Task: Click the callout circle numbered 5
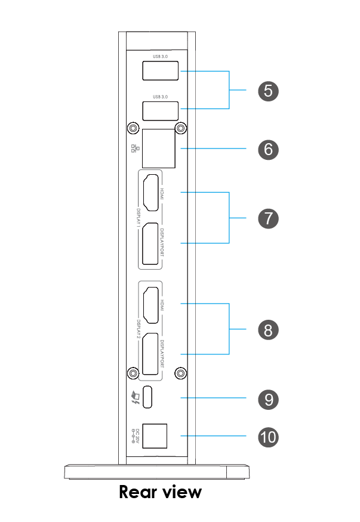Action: click(268, 91)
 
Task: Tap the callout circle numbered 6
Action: click(268, 148)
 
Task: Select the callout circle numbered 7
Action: click(268, 218)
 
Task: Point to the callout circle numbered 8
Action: click(268, 329)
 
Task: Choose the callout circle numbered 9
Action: click(268, 398)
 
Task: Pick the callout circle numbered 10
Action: click(268, 437)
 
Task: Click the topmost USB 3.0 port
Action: click(160, 71)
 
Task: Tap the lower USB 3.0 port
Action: click(160, 111)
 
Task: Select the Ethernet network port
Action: click(158, 148)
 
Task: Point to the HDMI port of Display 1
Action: click(150, 193)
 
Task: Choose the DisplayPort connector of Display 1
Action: click(150, 244)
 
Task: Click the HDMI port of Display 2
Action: click(150, 305)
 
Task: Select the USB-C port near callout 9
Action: click(149, 397)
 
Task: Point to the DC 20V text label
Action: click(137, 435)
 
